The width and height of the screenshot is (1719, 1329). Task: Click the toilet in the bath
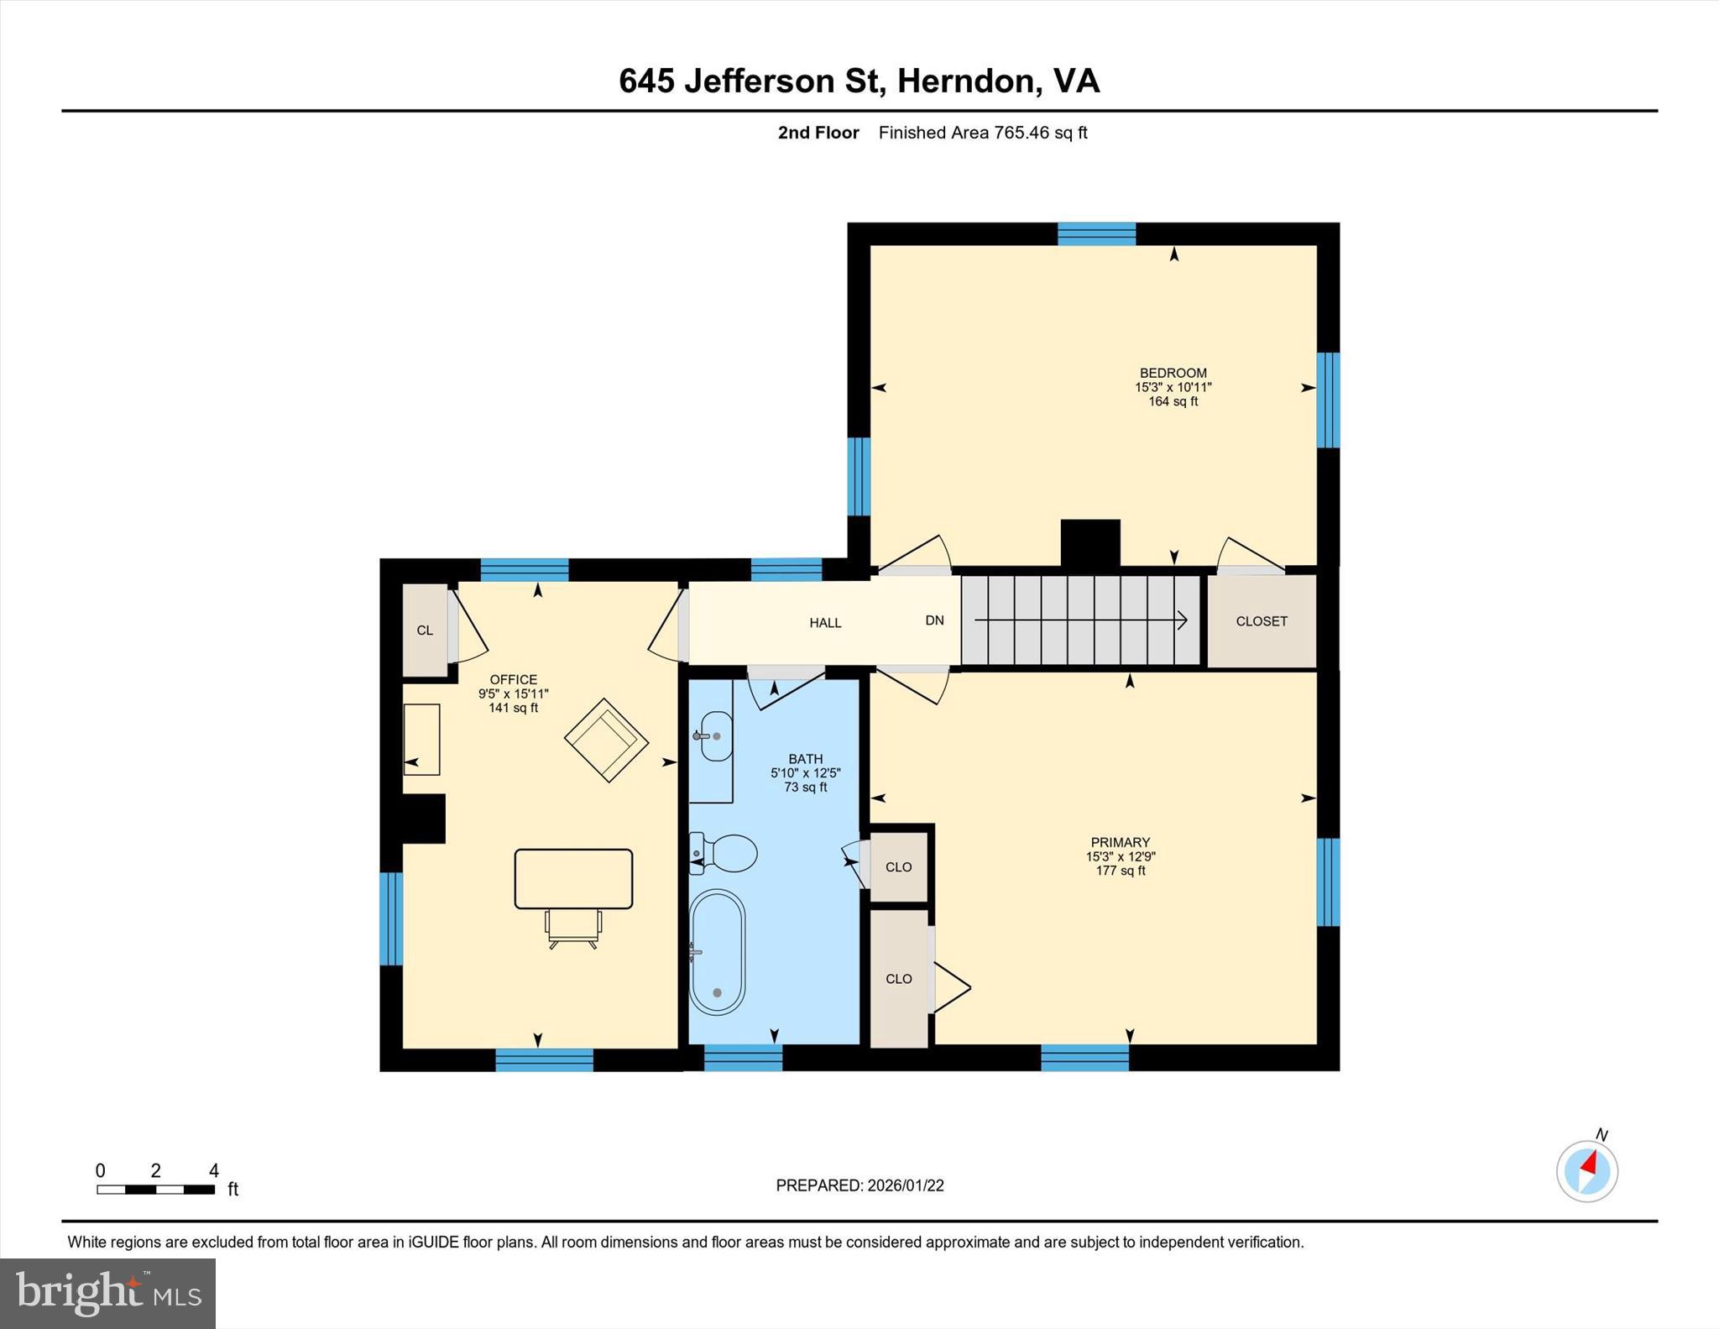tap(725, 853)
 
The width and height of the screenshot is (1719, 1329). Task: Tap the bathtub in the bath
tap(717, 952)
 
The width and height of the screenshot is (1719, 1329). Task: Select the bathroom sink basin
tap(717, 736)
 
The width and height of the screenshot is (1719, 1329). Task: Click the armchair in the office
tap(606, 740)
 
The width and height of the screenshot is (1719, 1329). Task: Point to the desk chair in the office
tap(573, 927)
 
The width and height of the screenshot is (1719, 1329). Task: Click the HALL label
tap(825, 623)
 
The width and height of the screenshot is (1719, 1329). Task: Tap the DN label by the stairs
tap(934, 620)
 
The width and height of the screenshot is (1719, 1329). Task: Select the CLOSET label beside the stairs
tap(1261, 621)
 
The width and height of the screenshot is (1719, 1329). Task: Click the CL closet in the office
tap(425, 630)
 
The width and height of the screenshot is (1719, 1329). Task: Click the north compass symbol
tap(1586, 1170)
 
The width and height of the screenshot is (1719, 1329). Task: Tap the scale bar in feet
tap(156, 1189)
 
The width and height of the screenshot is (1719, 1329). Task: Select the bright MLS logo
tap(107, 1293)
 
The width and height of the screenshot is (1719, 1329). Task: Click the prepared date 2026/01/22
tap(905, 1185)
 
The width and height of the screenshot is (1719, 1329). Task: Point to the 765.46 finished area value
tap(1021, 133)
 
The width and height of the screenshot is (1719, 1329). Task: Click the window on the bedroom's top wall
tap(1096, 233)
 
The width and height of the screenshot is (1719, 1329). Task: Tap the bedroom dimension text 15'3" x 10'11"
tap(1173, 388)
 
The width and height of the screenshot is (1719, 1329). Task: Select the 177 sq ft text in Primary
tap(1120, 871)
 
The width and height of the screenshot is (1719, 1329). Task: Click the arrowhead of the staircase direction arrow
tap(1183, 620)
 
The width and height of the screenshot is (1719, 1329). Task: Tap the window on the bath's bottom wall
tap(743, 1057)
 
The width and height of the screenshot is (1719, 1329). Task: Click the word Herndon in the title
tap(964, 81)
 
